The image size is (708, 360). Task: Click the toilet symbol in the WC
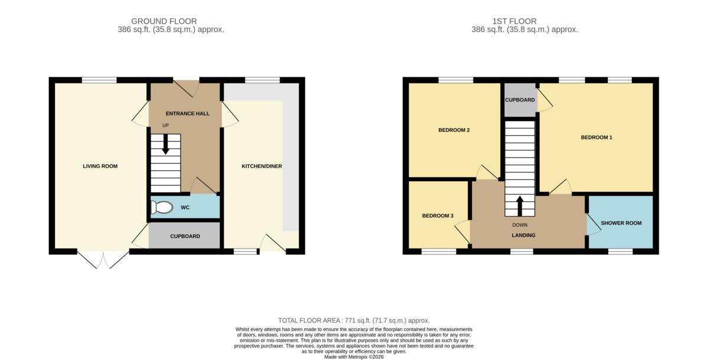(x=162, y=208)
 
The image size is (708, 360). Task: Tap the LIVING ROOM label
(x=100, y=166)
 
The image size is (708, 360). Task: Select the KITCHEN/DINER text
(x=262, y=166)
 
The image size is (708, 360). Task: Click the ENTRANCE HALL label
(x=188, y=113)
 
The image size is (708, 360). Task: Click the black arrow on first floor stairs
(x=520, y=206)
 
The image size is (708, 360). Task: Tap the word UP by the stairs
(x=166, y=126)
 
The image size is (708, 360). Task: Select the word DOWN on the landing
(x=520, y=225)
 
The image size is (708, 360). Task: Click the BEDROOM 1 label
(x=596, y=138)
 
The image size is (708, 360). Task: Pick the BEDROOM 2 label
(x=454, y=130)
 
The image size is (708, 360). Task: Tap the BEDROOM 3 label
(x=438, y=216)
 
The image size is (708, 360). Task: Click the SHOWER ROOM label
(x=621, y=223)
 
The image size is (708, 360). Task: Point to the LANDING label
(x=523, y=235)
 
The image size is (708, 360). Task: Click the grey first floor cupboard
(x=520, y=100)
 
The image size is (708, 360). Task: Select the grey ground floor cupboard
(x=184, y=235)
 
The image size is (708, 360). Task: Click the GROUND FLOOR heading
(x=164, y=21)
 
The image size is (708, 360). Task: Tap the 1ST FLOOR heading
(x=514, y=21)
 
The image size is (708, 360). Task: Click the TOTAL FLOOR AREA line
(x=354, y=320)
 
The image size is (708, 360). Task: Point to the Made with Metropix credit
(x=354, y=357)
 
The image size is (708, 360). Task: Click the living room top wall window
(x=99, y=80)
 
